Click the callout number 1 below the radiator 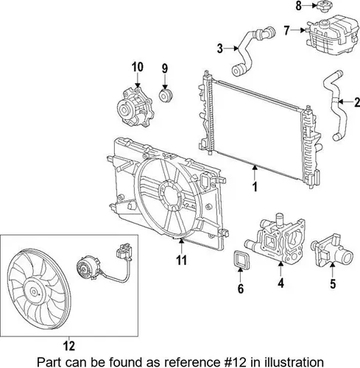(x=255, y=187)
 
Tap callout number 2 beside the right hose (x=357, y=102)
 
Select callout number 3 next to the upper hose (x=220, y=49)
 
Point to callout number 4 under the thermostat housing (x=280, y=283)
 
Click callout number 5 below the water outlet (x=333, y=284)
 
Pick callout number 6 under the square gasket (x=241, y=289)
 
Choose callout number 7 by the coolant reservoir (x=286, y=30)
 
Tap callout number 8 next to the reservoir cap (x=298, y=6)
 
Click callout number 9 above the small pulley (x=165, y=68)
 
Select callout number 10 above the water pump (x=138, y=67)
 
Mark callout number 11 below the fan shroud (x=181, y=261)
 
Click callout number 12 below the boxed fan (x=68, y=346)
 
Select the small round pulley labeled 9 (x=166, y=96)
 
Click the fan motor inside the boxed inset (x=88, y=267)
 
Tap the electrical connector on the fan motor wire (x=124, y=251)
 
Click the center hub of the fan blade (x=33, y=291)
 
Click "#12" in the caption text (x=233, y=362)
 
